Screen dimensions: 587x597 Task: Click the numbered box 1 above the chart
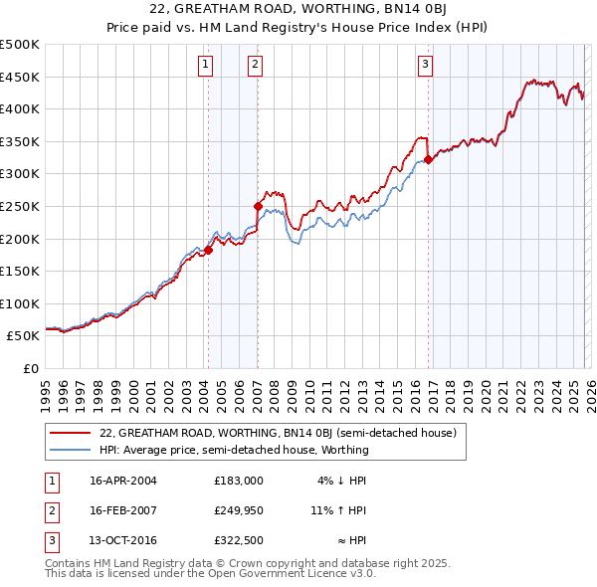[x=205, y=66]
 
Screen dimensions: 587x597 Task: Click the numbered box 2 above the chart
[x=255, y=66]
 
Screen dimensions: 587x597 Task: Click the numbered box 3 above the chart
[x=425, y=66]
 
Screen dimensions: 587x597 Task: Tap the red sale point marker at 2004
[x=209, y=251]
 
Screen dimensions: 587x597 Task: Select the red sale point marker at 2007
[x=258, y=207]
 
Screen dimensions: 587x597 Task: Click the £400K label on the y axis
[x=20, y=108]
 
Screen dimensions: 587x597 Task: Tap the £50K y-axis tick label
[x=24, y=336]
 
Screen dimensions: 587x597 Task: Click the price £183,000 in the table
[x=238, y=481]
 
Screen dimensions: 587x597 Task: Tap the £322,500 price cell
[x=238, y=540]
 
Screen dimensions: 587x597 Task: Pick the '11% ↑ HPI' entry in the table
[x=338, y=510]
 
